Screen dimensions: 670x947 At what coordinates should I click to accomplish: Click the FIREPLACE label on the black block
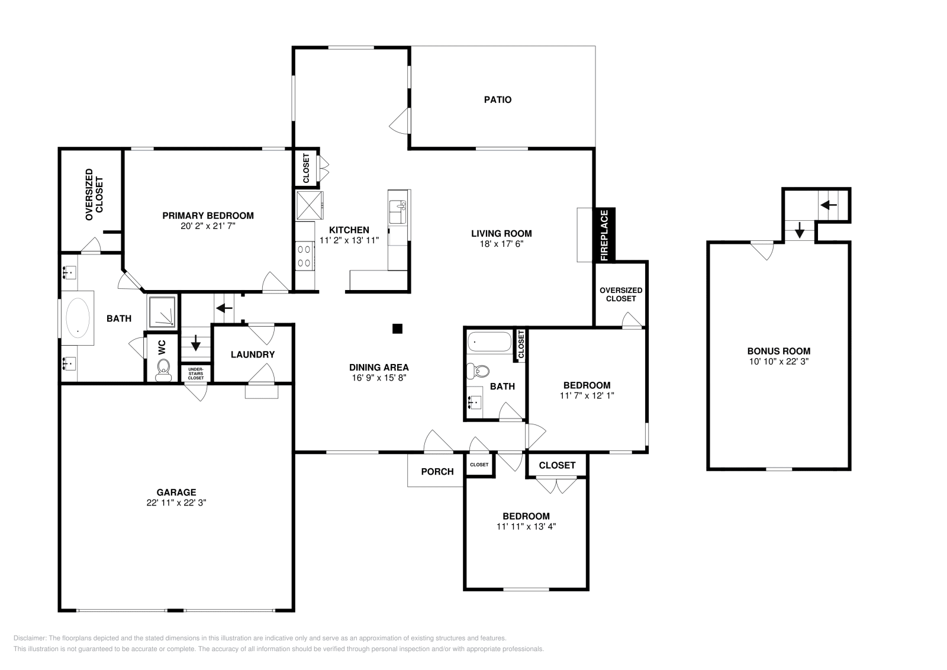(604, 235)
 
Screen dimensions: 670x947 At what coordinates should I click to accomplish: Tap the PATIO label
(498, 99)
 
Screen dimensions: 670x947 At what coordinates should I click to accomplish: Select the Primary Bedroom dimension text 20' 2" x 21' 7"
(208, 226)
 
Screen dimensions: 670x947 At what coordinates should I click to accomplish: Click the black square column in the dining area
(398, 328)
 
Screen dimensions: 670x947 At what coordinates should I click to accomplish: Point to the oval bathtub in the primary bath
(77, 317)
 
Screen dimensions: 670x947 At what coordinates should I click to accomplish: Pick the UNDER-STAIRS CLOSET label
(196, 373)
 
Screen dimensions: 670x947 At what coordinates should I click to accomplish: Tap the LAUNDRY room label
(253, 355)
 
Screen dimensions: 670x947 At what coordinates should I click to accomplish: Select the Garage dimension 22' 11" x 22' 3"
(176, 502)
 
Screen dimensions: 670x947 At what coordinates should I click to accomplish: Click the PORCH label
(437, 471)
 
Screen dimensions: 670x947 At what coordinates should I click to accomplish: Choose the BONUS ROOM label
(778, 351)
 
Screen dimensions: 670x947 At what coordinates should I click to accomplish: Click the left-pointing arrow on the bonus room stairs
(829, 205)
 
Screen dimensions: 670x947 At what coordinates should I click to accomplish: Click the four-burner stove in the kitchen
(305, 256)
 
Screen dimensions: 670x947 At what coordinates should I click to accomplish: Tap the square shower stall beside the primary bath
(162, 311)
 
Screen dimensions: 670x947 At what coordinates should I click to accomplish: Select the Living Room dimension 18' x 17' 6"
(501, 243)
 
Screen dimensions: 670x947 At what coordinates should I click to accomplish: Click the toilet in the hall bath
(478, 372)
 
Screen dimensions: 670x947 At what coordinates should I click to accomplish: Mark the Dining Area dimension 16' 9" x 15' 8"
(378, 377)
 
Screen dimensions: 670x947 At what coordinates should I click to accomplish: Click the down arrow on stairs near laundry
(196, 344)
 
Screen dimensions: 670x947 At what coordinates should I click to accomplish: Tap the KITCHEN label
(349, 230)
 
